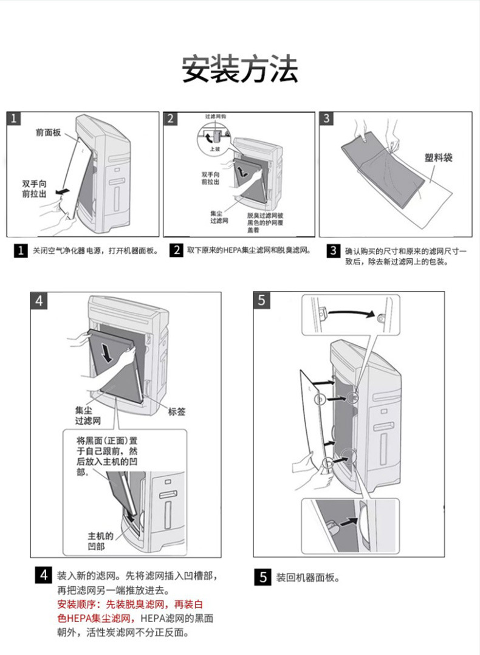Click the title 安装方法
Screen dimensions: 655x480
coord(240,69)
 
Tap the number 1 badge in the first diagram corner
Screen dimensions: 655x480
coord(15,118)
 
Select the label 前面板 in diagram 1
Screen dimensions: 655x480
coord(48,132)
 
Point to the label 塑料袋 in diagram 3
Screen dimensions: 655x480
coord(438,158)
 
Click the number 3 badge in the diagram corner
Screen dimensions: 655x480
coord(327,118)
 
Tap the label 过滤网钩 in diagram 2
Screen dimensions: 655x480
coord(215,115)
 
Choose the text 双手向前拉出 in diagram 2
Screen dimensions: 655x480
coord(210,178)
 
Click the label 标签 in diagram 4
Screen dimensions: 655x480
coord(177,411)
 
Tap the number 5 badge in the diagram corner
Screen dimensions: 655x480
coord(261,300)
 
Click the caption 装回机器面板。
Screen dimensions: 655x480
coord(307,577)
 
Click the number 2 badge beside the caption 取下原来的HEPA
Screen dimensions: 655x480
coord(176,250)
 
